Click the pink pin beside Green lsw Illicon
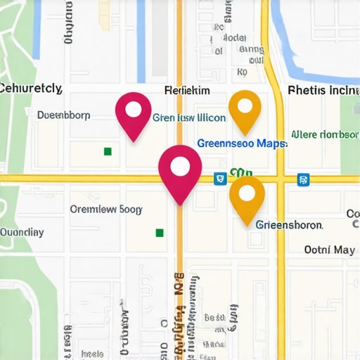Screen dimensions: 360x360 click(134, 112)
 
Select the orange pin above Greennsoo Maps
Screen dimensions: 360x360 click(245, 110)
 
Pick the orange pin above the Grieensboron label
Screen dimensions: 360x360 click(247, 196)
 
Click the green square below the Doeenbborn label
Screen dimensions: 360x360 click(108, 150)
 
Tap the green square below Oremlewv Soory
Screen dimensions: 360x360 click(160, 232)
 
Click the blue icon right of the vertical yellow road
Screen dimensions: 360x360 click(303, 179)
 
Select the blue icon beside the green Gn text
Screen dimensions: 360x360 click(220, 179)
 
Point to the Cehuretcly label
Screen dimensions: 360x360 click(31, 89)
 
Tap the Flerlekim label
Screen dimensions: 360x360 click(186, 91)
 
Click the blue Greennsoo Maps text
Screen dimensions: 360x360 click(241, 143)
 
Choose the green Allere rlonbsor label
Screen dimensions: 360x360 click(324, 134)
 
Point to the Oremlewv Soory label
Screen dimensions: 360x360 click(106, 209)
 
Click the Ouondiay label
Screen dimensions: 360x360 click(21, 232)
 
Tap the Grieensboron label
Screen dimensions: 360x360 click(289, 225)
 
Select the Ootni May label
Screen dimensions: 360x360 click(329, 249)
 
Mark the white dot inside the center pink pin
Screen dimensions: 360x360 click(180, 166)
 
